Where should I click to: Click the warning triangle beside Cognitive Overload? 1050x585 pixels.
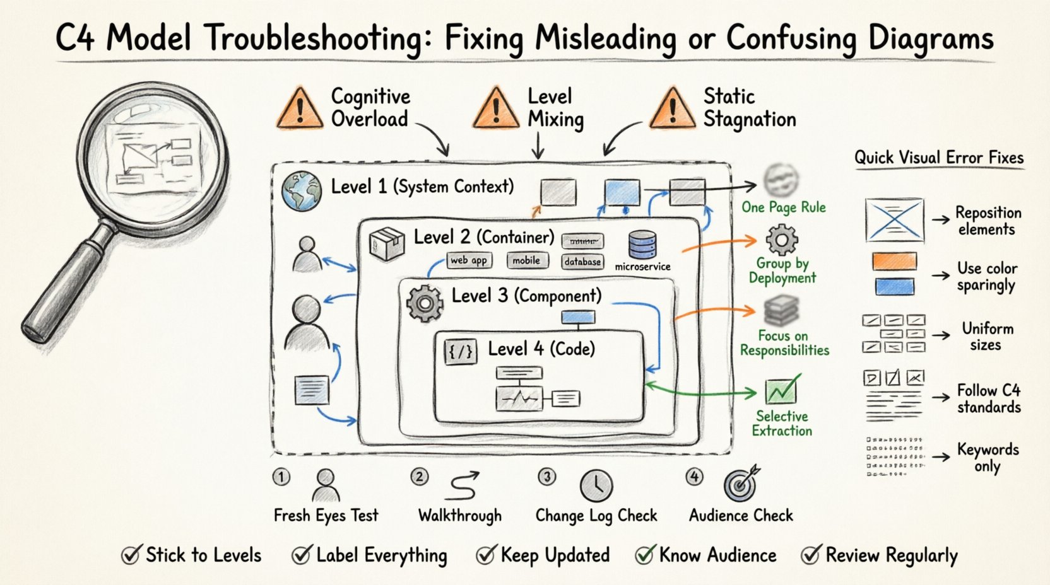coord(300,108)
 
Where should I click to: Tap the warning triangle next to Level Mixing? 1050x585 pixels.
coord(496,108)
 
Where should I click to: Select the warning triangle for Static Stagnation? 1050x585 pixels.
coord(673,108)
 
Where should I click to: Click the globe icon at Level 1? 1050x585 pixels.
coord(302,190)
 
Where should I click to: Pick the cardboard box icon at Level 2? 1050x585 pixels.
coord(387,243)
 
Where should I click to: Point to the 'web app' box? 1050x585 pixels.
coord(469,260)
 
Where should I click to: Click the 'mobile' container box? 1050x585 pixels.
coord(526,260)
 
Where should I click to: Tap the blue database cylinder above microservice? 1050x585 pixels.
coord(642,245)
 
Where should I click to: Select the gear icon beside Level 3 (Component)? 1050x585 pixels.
coord(425,303)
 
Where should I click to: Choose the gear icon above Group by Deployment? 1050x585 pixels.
coord(782,240)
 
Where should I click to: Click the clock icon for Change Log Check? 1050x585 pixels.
coord(596,485)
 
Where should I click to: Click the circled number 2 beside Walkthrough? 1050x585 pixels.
coord(419,477)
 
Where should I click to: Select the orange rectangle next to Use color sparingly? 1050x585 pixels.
coord(894,262)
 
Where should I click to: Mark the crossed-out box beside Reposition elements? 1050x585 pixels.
coord(894,220)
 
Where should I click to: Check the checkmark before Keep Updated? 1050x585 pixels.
coord(486,555)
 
